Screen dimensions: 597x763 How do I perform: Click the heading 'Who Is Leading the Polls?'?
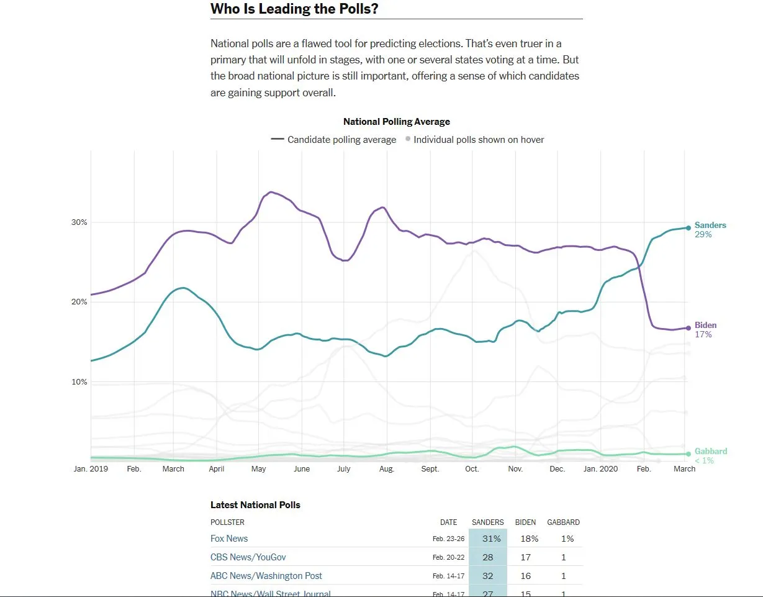[x=294, y=9]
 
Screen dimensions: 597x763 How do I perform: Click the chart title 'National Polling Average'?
[x=396, y=122]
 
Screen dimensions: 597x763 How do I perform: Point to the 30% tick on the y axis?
[x=79, y=222]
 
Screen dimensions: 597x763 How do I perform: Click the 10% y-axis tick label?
[x=79, y=381]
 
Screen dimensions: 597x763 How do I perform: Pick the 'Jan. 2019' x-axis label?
[x=91, y=469]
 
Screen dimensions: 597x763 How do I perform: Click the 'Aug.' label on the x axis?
[x=386, y=469]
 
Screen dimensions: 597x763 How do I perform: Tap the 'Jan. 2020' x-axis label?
[x=601, y=469]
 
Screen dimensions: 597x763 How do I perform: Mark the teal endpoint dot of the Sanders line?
[x=688, y=228]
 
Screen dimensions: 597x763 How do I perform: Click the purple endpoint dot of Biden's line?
[x=688, y=328]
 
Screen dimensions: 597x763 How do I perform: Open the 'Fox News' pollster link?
[x=229, y=539]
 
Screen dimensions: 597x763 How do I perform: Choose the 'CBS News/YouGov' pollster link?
[x=248, y=557]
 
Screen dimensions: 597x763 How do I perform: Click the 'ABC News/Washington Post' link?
[x=266, y=576]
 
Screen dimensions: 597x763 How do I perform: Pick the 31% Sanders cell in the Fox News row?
[x=488, y=539]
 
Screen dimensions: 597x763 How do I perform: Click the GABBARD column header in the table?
[x=563, y=522]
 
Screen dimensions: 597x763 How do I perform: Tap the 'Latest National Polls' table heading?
[x=255, y=505]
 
